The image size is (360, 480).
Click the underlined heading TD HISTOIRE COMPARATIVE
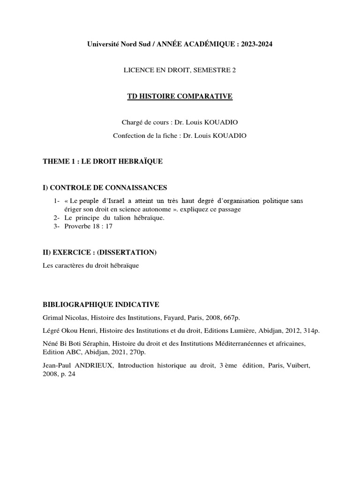[180, 97]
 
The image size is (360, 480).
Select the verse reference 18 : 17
[102, 226]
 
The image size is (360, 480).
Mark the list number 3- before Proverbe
[58, 226]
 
